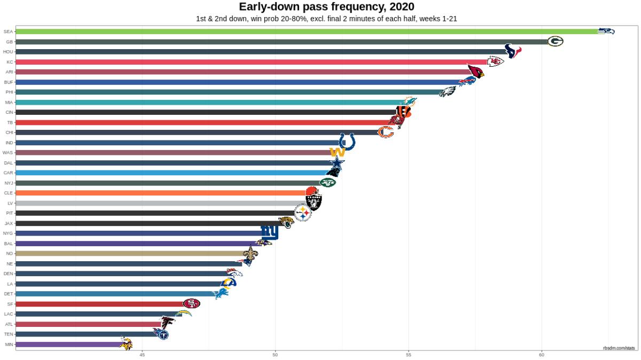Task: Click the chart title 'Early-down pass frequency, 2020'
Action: point(326,7)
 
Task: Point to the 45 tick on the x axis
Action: point(142,354)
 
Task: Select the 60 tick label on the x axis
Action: point(541,354)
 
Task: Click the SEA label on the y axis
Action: point(8,32)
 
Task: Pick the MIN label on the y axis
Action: point(9,345)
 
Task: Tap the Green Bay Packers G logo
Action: point(555,41)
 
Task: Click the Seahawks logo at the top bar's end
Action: point(606,31)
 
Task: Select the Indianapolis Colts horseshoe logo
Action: point(347,142)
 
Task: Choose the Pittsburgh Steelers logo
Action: point(303,213)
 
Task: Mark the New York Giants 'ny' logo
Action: point(269,232)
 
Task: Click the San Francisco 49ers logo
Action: point(191,303)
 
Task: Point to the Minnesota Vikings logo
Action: point(126,344)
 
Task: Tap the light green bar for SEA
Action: point(304,32)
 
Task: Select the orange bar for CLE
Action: point(160,193)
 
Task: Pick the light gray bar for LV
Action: point(160,203)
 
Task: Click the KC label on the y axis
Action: point(10,62)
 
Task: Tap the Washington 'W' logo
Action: point(338,152)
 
